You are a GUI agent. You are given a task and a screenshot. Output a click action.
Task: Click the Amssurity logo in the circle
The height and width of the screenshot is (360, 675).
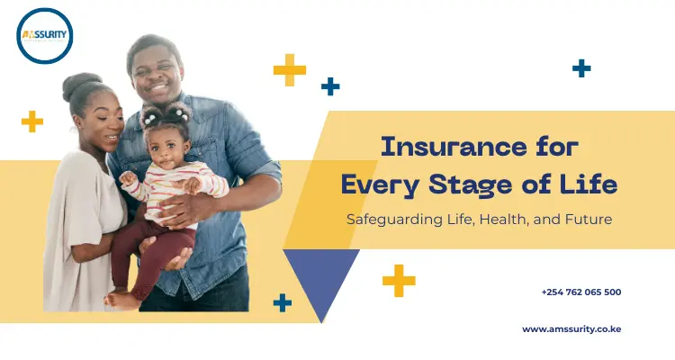pyautogui.click(x=44, y=36)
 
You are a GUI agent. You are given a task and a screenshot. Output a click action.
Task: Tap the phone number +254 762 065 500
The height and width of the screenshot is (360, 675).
pyautogui.click(x=580, y=292)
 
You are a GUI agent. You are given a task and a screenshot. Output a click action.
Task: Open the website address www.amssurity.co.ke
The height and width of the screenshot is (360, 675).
pyautogui.click(x=571, y=329)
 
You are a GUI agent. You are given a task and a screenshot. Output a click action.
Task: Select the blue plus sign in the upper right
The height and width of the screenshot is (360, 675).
pyautogui.click(x=581, y=67)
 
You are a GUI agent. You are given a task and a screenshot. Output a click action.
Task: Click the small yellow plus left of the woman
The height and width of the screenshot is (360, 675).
pyautogui.click(x=32, y=121)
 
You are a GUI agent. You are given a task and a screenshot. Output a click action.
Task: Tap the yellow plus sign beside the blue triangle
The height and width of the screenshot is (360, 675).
pyautogui.click(x=399, y=280)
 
